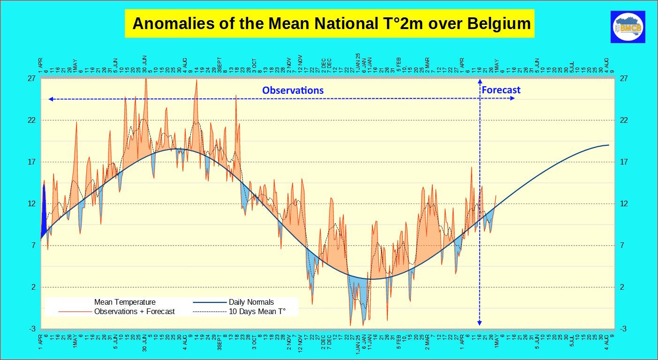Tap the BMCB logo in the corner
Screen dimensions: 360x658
click(x=628, y=27)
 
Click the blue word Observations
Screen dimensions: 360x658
click(x=293, y=90)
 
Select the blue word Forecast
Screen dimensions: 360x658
click(x=501, y=90)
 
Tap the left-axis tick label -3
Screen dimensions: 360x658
click(x=32, y=329)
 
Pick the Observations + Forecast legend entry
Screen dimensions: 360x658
click(x=134, y=311)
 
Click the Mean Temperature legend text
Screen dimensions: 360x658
click(x=125, y=302)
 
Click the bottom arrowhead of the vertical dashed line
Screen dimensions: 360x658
click(x=479, y=323)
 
